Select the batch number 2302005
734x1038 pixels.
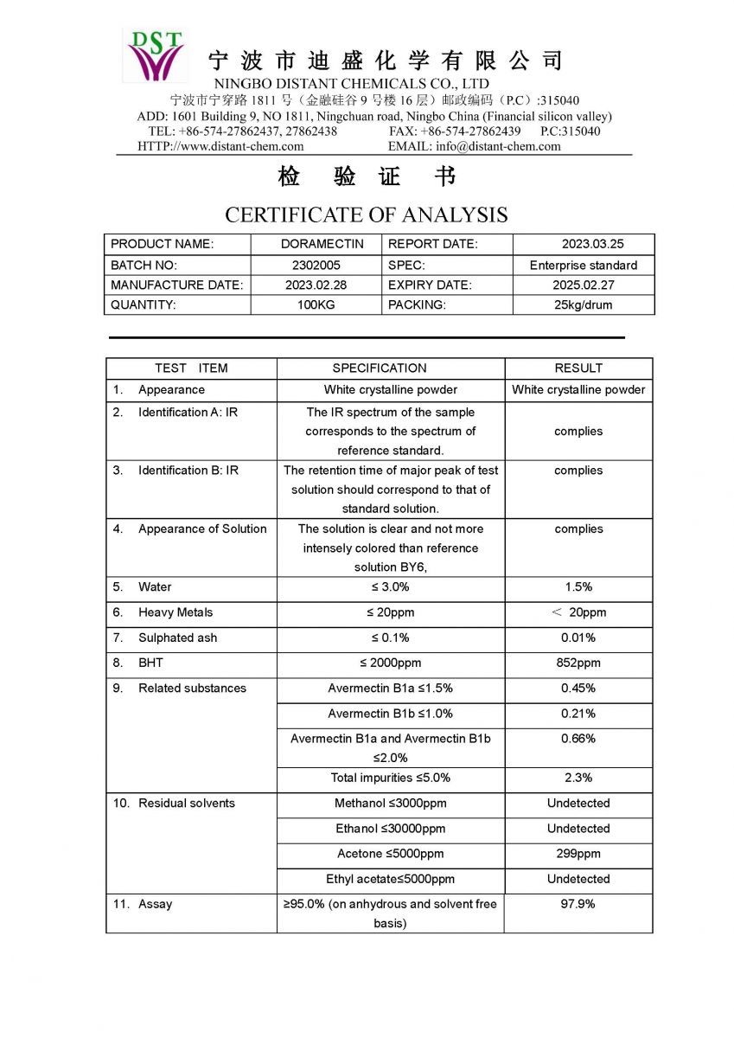pos(316,266)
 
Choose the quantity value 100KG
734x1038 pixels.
pos(316,304)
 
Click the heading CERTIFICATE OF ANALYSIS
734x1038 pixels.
pos(367,215)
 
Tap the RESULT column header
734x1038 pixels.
pos(578,368)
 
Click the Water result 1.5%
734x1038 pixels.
pos(578,586)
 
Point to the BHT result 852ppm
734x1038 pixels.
pos(578,663)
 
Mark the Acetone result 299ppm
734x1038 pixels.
pos(578,854)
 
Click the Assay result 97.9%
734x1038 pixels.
pos(578,904)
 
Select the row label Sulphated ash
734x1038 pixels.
pos(177,638)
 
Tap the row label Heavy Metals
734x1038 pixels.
pos(175,612)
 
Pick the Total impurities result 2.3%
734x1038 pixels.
pos(578,778)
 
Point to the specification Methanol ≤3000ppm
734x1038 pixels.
pos(390,804)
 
